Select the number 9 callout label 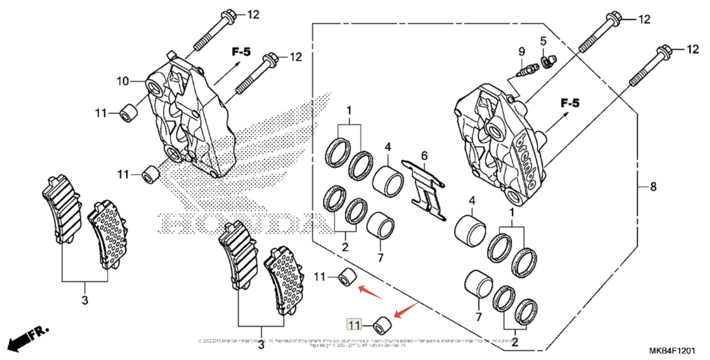pyautogui.click(x=521, y=51)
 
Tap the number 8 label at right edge pyautogui.click(x=653, y=187)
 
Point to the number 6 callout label pyautogui.click(x=424, y=156)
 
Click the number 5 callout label pyautogui.click(x=543, y=41)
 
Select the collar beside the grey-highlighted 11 pyautogui.click(x=383, y=323)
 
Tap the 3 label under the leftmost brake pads pyautogui.click(x=85, y=300)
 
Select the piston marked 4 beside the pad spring pyautogui.click(x=389, y=181)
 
